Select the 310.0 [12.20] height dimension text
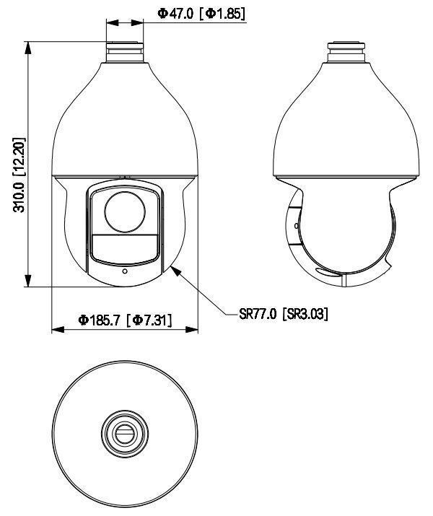[x=17, y=165]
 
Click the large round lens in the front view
[x=125, y=211]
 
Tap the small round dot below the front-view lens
[x=125, y=272]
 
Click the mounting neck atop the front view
[x=124, y=49]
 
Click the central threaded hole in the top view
[x=124, y=434]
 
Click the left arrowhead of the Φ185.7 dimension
[x=56, y=331]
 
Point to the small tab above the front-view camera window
[x=124, y=176]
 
